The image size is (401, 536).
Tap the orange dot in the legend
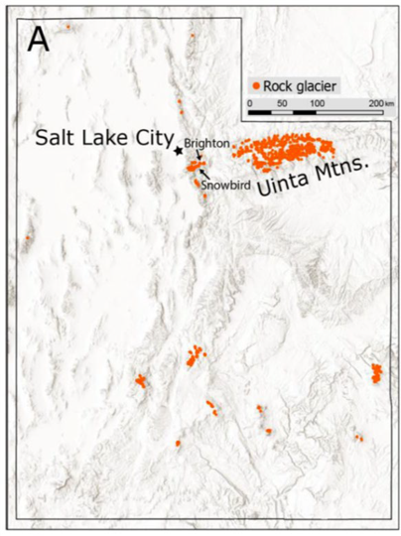(x=255, y=86)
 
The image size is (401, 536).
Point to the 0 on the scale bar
(x=250, y=102)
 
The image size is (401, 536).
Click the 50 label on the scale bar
(x=282, y=102)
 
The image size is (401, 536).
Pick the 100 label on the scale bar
(x=315, y=102)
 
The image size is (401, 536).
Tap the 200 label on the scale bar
(x=373, y=102)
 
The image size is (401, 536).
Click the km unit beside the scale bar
(x=389, y=102)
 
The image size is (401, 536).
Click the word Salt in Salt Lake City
(x=56, y=138)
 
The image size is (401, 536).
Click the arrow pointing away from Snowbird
(x=205, y=172)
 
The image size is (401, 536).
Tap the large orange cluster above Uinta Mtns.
(x=282, y=149)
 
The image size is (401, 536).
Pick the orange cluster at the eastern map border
(x=376, y=372)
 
